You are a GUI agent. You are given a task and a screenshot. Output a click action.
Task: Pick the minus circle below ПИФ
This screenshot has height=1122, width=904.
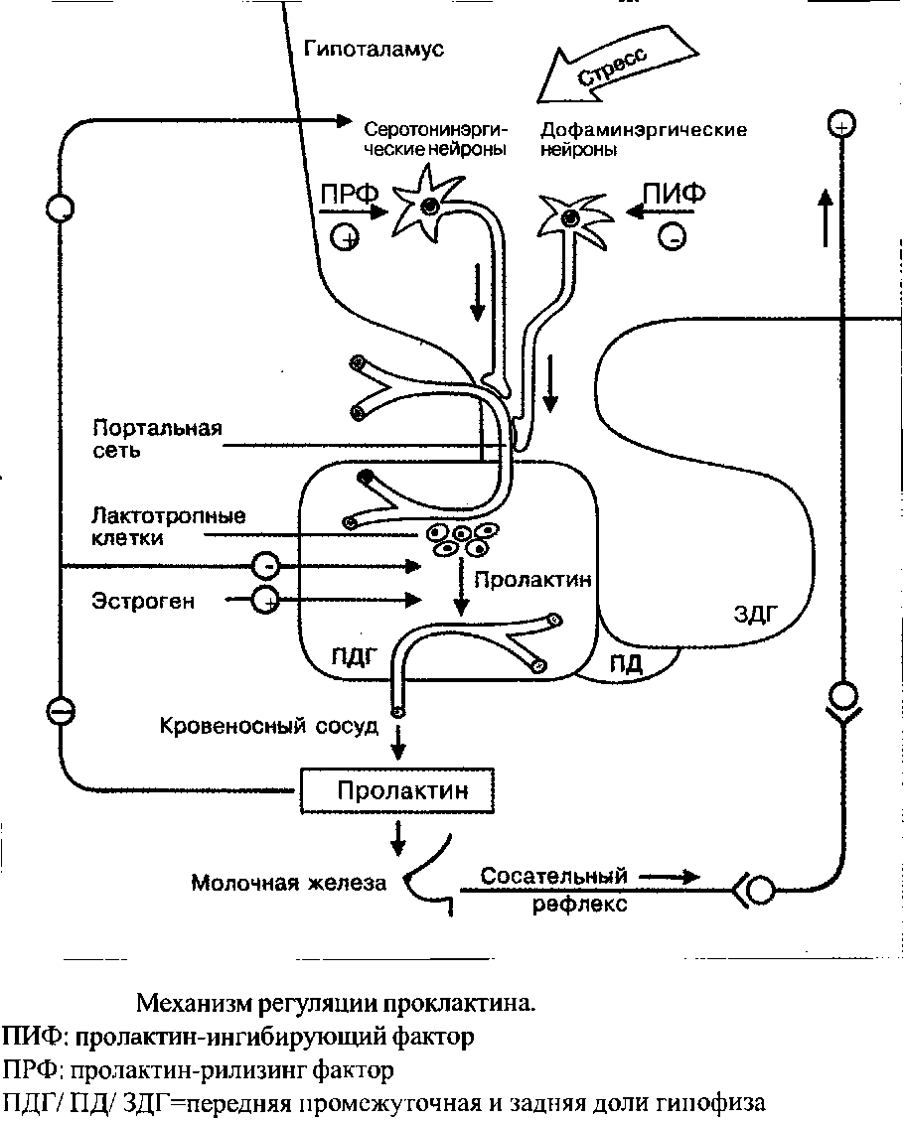click(672, 236)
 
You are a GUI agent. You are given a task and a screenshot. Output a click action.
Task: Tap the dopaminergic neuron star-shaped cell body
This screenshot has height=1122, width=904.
click(570, 216)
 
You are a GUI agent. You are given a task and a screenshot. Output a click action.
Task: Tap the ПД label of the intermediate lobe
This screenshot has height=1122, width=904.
click(627, 664)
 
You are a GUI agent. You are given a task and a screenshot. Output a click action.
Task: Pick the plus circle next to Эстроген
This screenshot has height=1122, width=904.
click(266, 600)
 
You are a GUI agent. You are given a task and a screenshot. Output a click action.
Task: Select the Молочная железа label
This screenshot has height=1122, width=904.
click(289, 883)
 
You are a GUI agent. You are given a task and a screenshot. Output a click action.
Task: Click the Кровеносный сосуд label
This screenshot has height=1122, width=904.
click(268, 726)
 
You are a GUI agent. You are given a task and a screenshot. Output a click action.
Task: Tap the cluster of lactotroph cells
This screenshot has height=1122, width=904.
click(460, 539)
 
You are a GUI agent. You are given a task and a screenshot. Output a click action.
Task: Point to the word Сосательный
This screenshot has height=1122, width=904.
click(553, 876)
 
